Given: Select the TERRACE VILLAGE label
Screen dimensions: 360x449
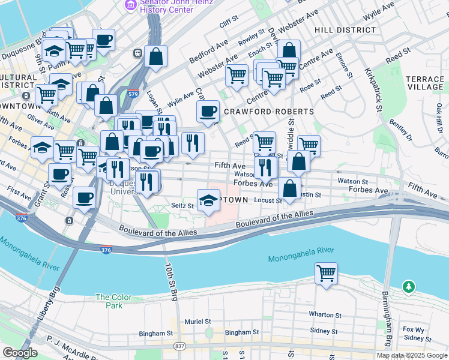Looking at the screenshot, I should coord(424,83).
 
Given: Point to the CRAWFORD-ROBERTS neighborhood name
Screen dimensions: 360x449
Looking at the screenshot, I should coord(268,112).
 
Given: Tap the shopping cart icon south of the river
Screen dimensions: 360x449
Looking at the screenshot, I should coord(326,274).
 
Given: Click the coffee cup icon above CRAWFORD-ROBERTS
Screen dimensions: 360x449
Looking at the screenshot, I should coord(208,112).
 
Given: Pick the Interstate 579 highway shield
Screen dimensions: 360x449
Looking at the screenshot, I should coord(134,94).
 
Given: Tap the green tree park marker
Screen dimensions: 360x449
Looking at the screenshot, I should coord(409,287).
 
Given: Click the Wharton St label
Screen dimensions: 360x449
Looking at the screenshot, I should coord(325,314).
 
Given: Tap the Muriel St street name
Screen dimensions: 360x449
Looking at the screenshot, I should coord(199,322).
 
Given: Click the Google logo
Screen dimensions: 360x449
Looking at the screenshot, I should coord(20,353).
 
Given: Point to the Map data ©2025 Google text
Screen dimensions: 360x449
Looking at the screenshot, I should coord(411,355).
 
